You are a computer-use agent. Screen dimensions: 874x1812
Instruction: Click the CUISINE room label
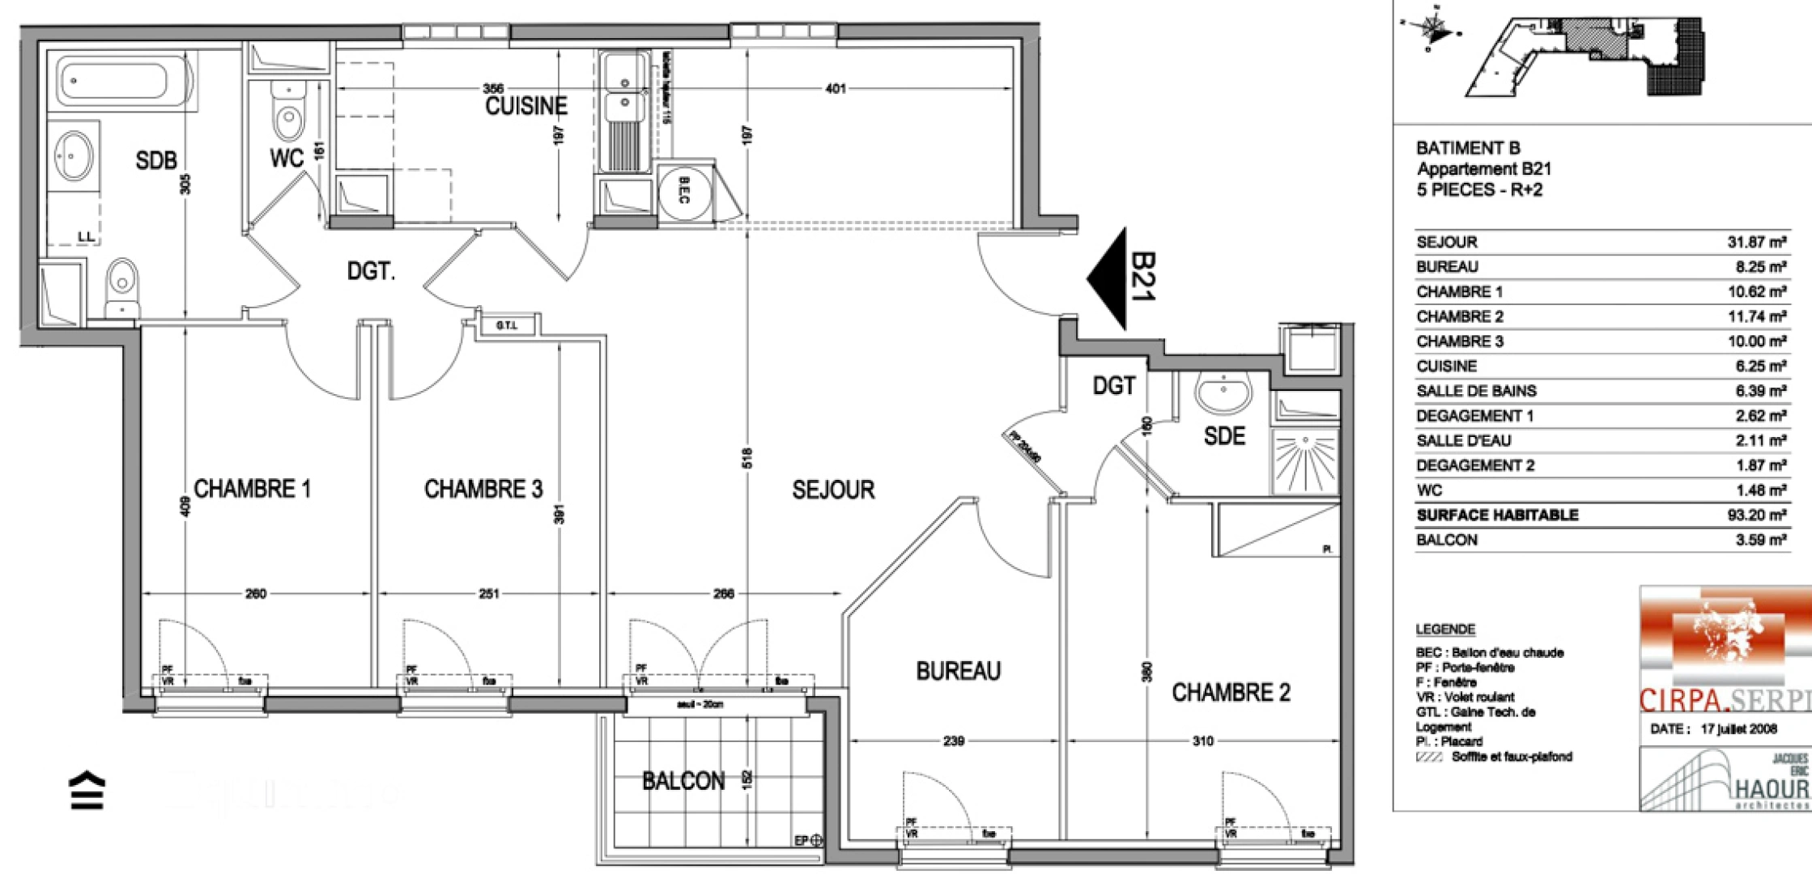tap(525, 106)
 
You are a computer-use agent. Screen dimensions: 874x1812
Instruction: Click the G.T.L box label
tap(506, 325)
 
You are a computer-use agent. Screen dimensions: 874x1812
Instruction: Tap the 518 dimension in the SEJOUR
tap(746, 458)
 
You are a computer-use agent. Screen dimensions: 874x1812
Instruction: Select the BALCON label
tap(683, 781)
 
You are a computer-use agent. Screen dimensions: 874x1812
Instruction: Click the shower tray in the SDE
tap(1304, 462)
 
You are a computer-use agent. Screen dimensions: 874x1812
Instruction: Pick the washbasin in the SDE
tap(1223, 394)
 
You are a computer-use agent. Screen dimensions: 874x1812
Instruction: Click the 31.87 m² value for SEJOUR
tap(1756, 242)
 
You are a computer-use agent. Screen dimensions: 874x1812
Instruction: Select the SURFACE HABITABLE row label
tap(1497, 515)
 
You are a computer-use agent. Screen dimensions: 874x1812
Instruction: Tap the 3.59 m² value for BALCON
tap(1760, 540)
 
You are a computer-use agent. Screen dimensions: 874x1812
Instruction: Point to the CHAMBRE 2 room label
tap(1231, 693)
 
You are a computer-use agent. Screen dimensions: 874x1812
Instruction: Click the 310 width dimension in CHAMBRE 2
tap(1202, 740)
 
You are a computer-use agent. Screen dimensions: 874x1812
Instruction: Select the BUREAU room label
tap(958, 671)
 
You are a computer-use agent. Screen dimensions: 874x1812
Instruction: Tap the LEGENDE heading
tap(1445, 629)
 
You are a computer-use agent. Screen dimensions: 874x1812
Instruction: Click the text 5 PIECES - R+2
tap(1479, 190)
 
